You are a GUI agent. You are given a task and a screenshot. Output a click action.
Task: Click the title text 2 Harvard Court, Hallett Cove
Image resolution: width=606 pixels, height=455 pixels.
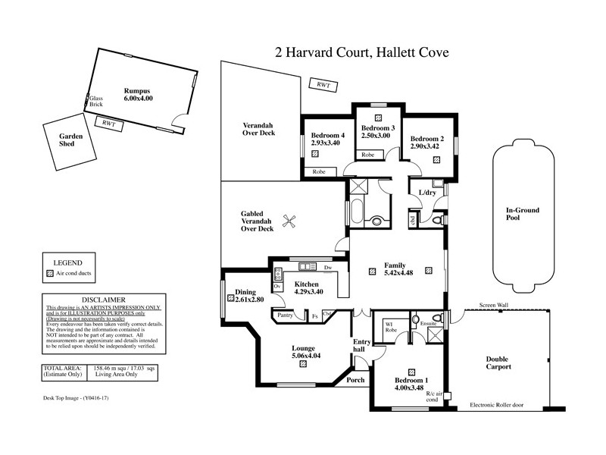(361, 52)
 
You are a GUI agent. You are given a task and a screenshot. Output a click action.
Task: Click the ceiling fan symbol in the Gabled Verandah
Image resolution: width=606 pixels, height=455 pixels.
(289, 221)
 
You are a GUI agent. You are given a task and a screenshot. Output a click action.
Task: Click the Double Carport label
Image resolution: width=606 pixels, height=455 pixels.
(499, 362)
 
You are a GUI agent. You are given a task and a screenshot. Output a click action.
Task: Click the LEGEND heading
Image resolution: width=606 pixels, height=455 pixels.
(67, 262)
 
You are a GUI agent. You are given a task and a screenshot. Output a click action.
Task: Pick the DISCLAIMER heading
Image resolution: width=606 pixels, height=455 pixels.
(100, 300)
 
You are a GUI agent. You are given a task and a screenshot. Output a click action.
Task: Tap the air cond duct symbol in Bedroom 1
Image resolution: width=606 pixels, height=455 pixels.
(411, 372)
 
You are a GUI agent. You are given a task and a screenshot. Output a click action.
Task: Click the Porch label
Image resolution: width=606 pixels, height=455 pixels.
(355, 380)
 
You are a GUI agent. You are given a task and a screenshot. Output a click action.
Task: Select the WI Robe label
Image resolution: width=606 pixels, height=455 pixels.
(392, 328)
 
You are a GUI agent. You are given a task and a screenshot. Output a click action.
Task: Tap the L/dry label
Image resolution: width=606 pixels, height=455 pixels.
(426, 193)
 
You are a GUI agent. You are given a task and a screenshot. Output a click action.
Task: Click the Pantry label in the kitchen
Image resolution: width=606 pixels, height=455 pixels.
(286, 314)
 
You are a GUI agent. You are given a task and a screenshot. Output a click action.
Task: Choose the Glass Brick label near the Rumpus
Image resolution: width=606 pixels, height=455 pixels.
(95, 102)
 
